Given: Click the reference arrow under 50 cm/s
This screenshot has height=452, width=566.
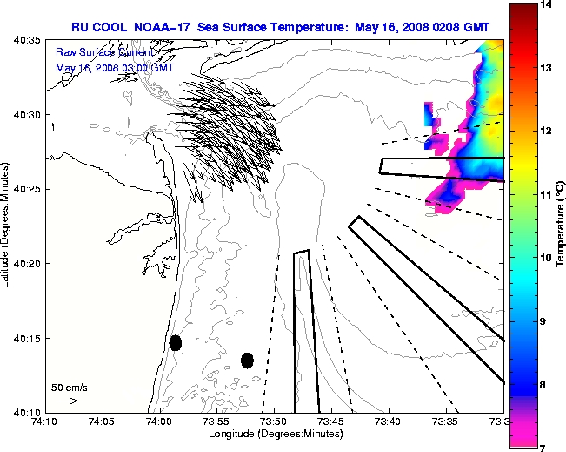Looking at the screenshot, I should [x=67, y=401].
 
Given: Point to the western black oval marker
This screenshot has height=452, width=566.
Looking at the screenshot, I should [x=176, y=342].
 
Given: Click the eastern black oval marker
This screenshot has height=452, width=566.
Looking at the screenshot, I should [x=247, y=360].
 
